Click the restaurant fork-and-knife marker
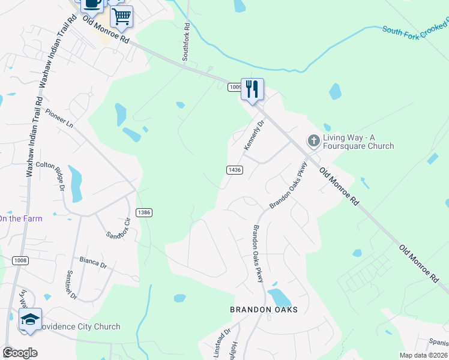coord(252,89)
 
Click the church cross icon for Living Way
coord(313,140)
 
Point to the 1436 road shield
coord(235,170)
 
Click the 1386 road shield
coord(143,212)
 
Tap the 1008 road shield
coord(20,260)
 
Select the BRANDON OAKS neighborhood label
coord(264,310)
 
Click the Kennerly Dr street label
coord(254,136)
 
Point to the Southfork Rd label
coord(186,42)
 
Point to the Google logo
coord(19,352)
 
